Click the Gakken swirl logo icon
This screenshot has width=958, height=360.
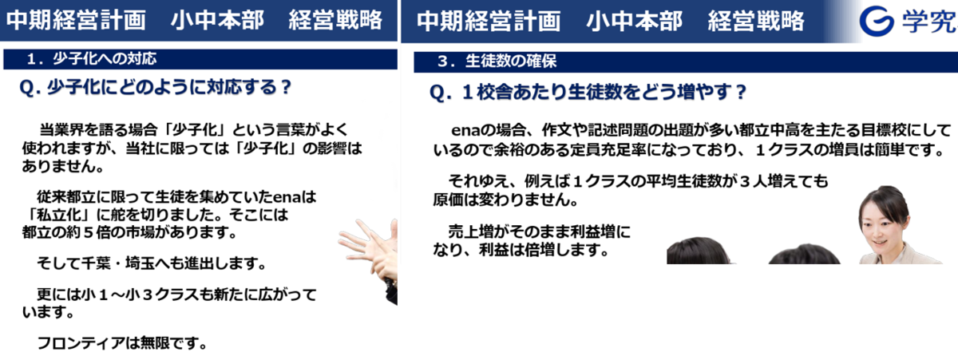(877, 21)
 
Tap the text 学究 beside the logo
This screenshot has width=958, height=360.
(929, 22)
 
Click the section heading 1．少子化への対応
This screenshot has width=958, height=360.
(92, 58)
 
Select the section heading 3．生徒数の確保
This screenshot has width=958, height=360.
(497, 61)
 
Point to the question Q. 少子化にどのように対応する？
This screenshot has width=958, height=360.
(156, 87)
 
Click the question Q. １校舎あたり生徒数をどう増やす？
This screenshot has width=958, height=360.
(588, 92)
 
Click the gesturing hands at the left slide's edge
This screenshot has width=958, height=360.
(369, 252)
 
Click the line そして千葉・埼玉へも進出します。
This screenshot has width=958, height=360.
(152, 263)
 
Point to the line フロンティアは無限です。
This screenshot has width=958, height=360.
(122, 343)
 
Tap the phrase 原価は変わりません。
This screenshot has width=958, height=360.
(506, 200)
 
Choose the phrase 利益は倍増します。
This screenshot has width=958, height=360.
(544, 250)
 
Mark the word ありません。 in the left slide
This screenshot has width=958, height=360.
(63, 166)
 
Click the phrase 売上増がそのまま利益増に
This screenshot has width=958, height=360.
(540, 231)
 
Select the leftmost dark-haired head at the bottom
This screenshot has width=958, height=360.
(698, 251)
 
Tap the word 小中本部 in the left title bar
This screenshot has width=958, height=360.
(217, 20)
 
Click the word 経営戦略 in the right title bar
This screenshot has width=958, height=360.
(756, 21)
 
